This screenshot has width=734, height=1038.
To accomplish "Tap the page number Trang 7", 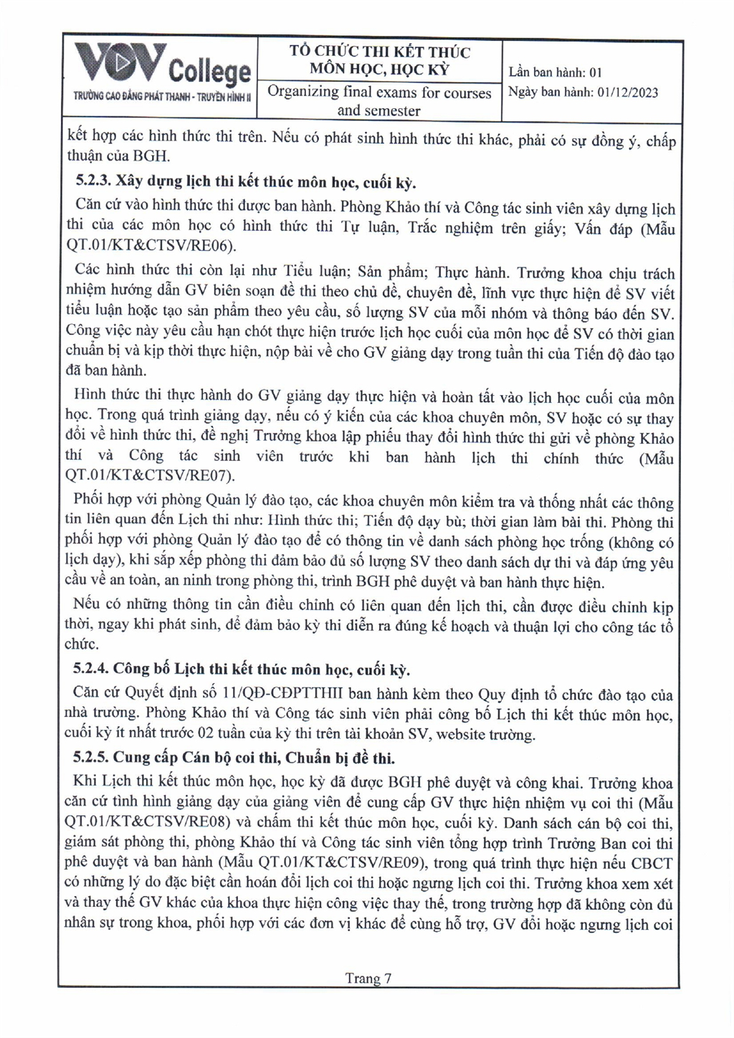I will [368, 978].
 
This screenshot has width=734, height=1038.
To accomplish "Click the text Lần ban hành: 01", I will [555, 72].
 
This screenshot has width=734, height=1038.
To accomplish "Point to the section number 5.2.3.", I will [93, 182].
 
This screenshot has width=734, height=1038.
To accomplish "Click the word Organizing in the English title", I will [303, 92].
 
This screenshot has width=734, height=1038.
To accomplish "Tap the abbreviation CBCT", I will [652, 862].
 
